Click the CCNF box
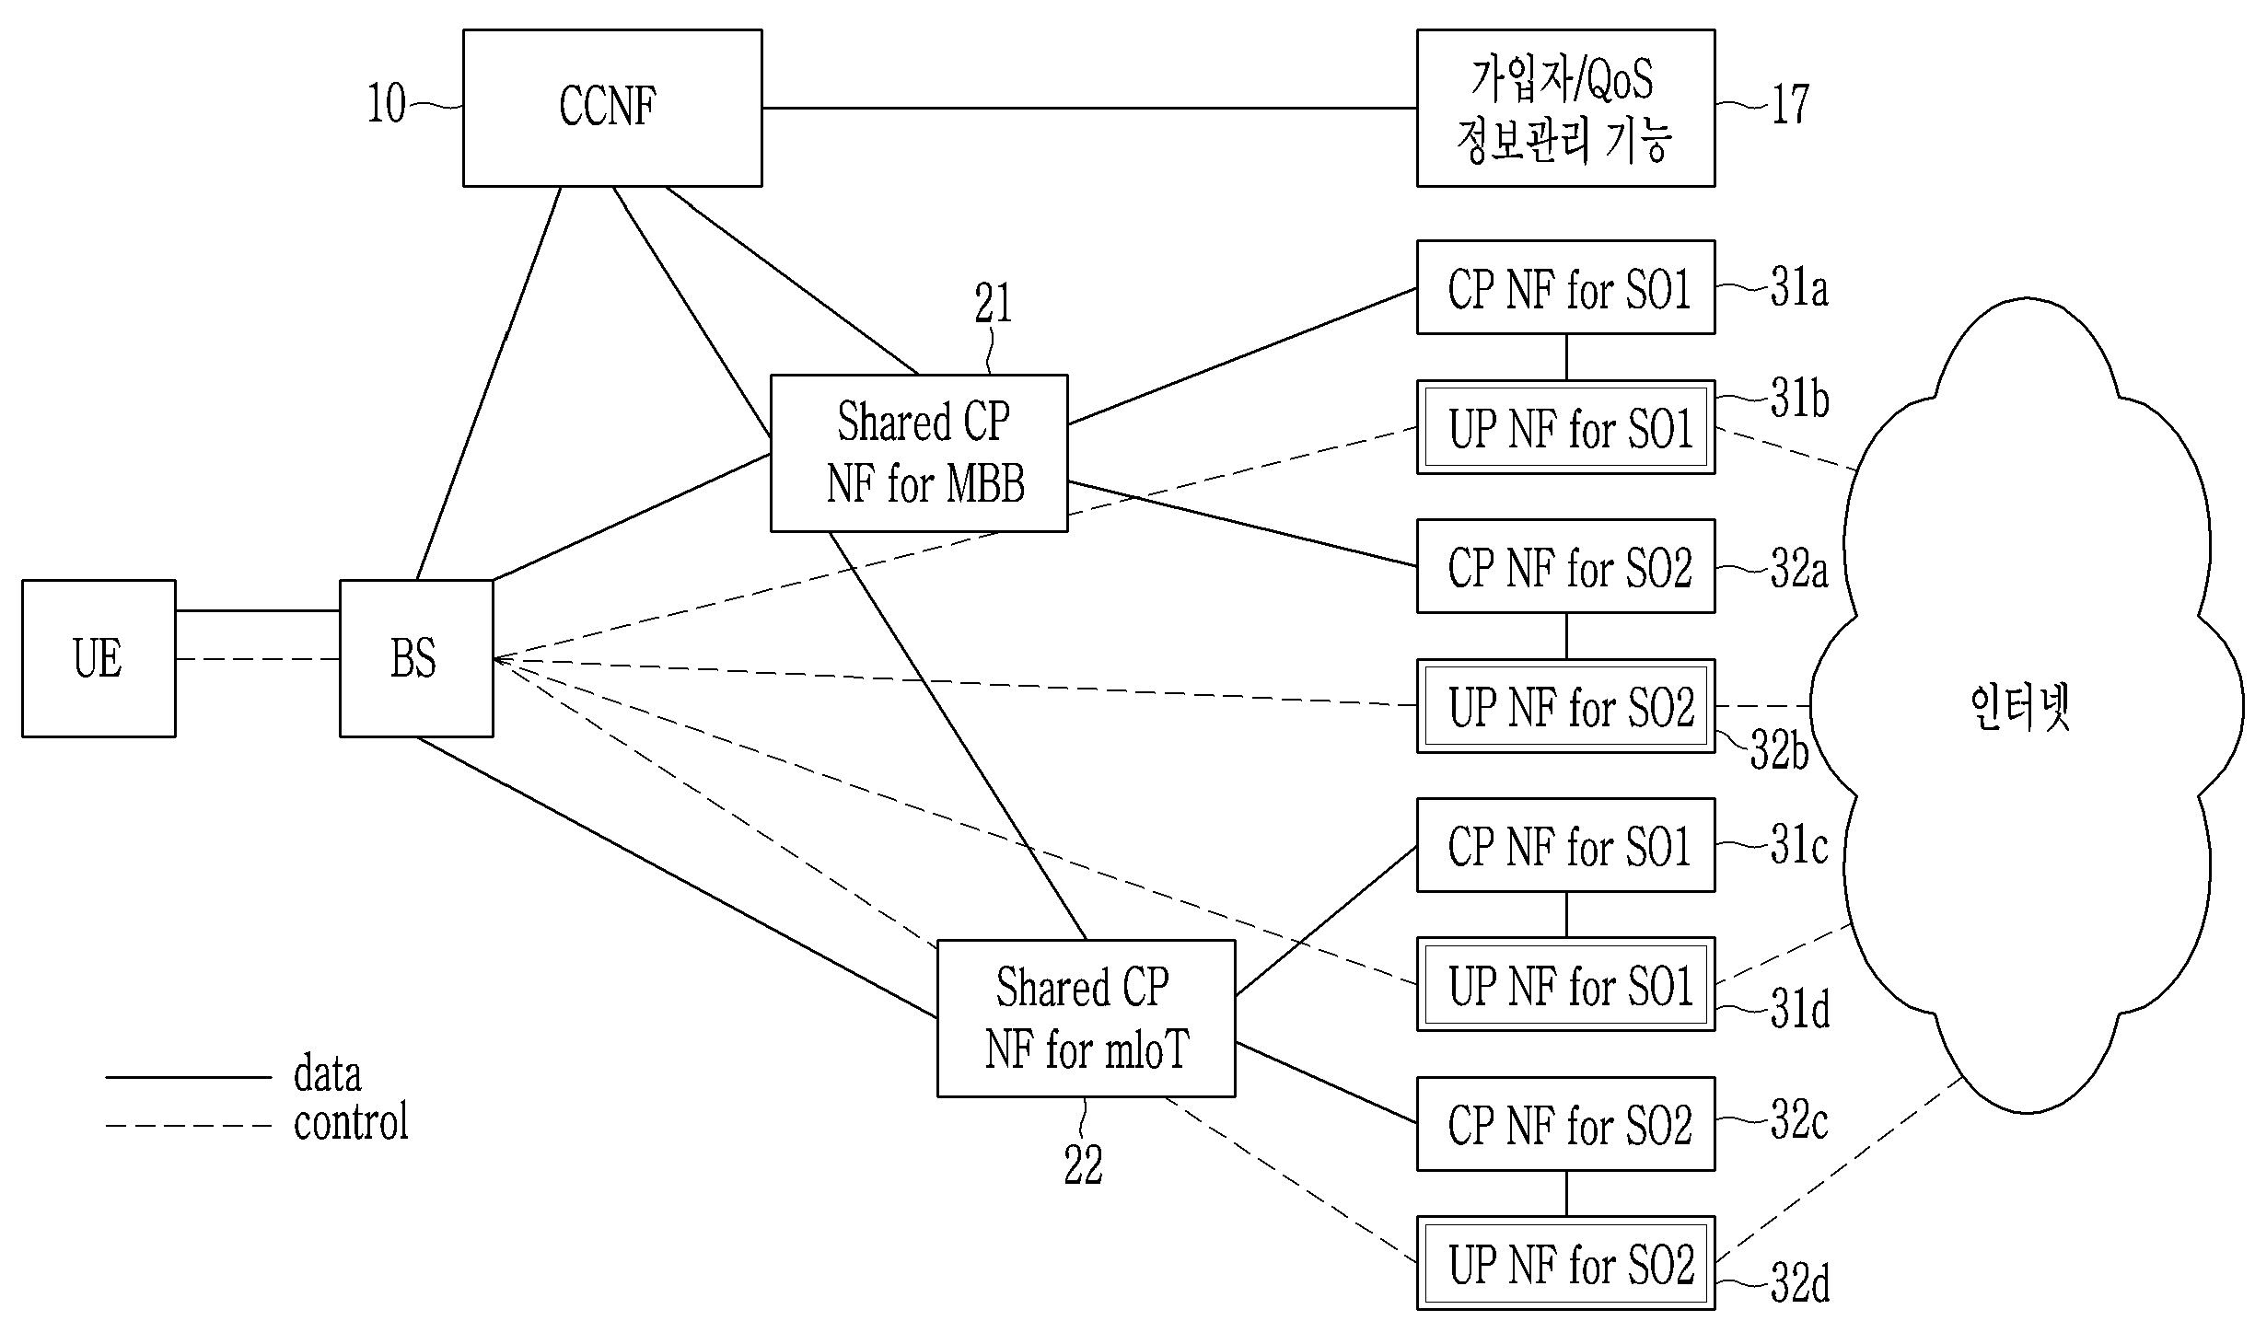[612, 108]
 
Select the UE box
[99, 658]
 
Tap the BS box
[416, 658]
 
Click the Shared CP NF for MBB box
[919, 453]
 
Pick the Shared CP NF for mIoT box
[1086, 1018]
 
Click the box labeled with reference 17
[1565, 108]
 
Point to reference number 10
[387, 104]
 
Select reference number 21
[994, 304]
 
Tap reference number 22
[1083, 1166]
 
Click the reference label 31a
[1799, 288]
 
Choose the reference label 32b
[1779, 750]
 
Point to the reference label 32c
[1799, 1120]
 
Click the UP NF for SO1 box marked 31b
[1565, 428]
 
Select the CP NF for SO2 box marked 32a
[1565, 567]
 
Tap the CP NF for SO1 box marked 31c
[1565, 845]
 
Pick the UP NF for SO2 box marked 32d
[1565, 1263]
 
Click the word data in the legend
[327, 1075]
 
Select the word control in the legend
[351, 1122]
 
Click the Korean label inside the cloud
[2020, 707]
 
